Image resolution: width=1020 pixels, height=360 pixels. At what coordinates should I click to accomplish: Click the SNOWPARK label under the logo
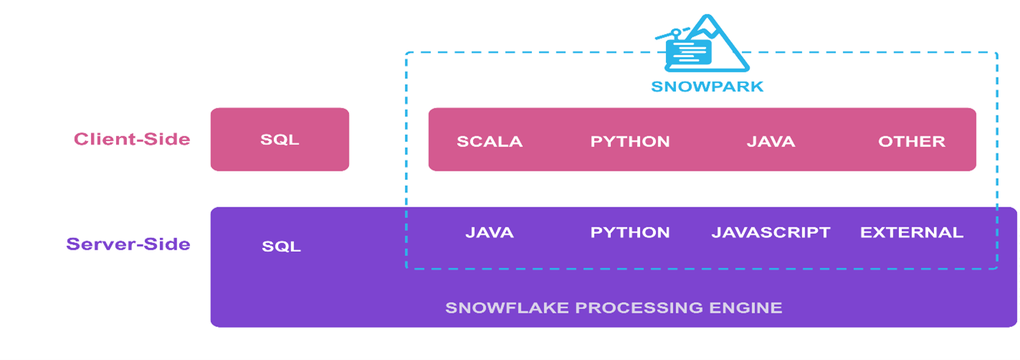707,87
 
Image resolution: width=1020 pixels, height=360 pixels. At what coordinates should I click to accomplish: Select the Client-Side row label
132,139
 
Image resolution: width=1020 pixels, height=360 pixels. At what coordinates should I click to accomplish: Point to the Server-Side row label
128,244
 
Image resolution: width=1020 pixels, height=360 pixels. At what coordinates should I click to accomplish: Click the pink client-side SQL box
280,140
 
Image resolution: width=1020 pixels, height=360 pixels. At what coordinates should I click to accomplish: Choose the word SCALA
490,141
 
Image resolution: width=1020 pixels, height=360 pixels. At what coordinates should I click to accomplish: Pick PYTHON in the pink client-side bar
630,141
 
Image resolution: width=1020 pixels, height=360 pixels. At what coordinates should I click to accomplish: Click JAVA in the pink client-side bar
771,141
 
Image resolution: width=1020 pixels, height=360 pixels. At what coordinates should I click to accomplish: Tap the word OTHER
912,141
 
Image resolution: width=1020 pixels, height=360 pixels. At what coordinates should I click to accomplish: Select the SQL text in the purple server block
281,247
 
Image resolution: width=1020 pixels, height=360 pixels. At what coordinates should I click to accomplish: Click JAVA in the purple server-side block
490,232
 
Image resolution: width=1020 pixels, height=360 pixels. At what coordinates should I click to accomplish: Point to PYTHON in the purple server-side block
630,232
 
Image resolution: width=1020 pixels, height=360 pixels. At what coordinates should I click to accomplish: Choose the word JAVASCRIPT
771,232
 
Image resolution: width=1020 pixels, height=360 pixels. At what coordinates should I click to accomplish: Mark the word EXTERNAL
912,232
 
